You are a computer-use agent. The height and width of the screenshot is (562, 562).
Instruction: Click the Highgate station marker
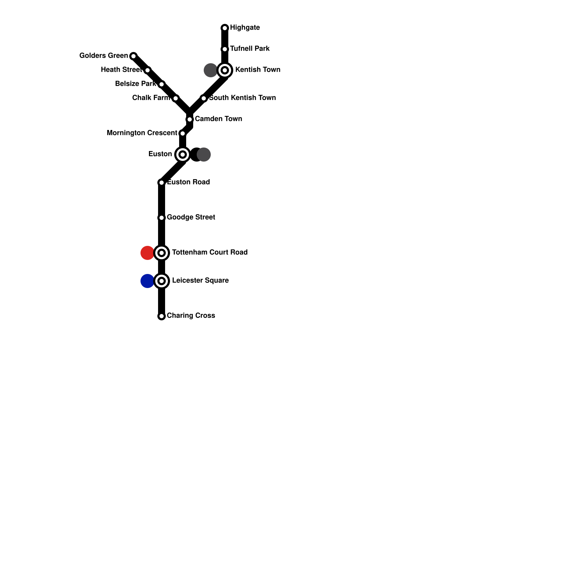click(x=225, y=28)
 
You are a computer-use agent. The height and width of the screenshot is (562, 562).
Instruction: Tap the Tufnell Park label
click(x=250, y=48)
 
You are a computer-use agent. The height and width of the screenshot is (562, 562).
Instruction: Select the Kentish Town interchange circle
click(x=225, y=70)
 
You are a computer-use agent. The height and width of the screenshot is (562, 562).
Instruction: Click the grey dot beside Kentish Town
click(x=210, y=70)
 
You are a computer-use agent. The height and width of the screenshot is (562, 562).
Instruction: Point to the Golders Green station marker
click(x=133, y=56)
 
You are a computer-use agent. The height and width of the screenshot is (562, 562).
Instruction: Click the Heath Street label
click(x=121, y=70)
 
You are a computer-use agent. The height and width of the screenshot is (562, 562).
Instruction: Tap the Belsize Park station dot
click(x=162, y=84)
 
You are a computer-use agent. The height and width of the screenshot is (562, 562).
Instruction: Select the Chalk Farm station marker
click(x=176, y=98)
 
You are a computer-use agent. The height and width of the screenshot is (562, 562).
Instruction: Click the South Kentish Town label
click(x=242, y=98)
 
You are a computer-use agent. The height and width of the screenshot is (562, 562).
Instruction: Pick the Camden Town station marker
click(x=190, y=119)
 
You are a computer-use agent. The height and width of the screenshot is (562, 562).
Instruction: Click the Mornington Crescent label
click(x=142, y=133)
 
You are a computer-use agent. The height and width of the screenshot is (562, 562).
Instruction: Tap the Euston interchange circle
click(x=183, y=155)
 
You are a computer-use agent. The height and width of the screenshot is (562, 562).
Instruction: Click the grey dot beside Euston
click(x=204, y=155)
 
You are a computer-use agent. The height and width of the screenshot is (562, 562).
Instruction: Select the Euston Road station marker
click(x=162, y=183)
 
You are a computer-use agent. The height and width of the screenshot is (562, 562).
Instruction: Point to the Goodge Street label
click(x=191, y=217)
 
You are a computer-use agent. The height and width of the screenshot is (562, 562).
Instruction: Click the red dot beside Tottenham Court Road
click(x=147, y=253)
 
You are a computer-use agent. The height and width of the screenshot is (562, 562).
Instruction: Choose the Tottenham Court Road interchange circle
click(x=162, y=253)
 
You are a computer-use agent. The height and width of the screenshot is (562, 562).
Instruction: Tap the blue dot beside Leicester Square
click(x=147, y=281)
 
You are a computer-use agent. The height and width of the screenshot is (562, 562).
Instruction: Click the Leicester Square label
click(x=200, y=280)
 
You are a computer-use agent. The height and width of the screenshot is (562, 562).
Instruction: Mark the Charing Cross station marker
click(x=162, y=316)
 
